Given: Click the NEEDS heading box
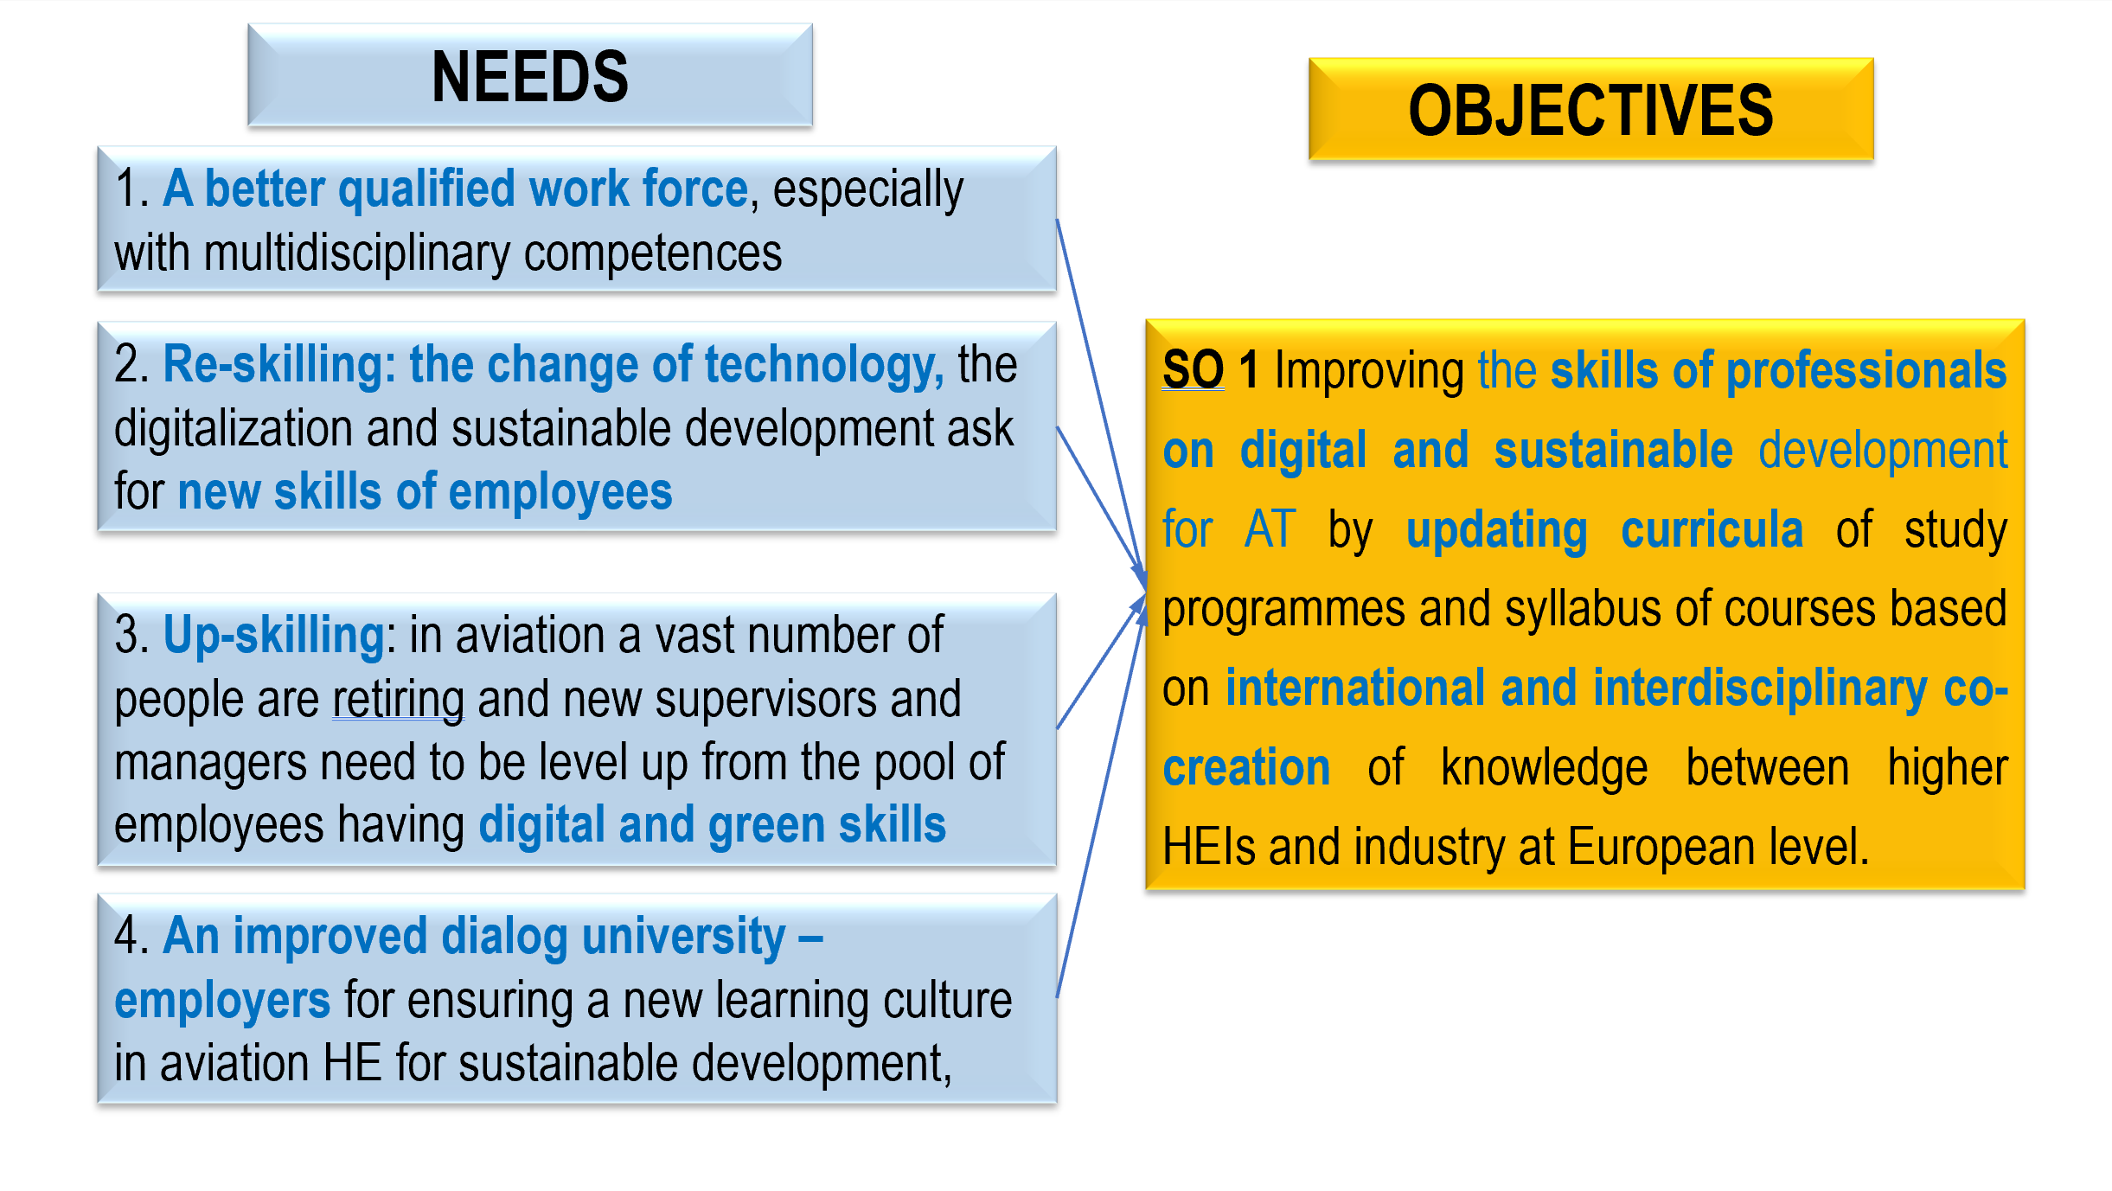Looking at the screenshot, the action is click(530, 75).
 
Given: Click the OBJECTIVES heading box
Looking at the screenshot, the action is click(1590, 109).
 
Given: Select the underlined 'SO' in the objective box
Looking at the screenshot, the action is click(1193, 369).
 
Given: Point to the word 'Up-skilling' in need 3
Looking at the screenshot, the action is click(273, 636).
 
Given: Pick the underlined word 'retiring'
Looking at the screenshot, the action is click(399, 700).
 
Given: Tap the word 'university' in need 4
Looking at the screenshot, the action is click(684, 937).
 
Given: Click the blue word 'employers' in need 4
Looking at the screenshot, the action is click(222, 1002).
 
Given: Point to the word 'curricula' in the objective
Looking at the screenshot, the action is click(1712, 529).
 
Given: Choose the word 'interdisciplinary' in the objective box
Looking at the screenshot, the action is click(1761, 689).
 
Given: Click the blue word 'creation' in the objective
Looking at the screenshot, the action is click(1246, 768).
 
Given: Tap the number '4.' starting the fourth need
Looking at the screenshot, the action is click(133, 936).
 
